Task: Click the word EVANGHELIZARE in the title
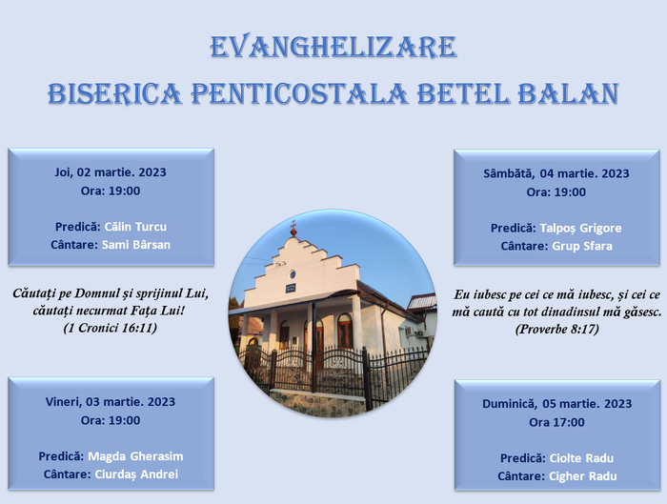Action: [x=333, y=47]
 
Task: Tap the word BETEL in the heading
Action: [x=460, y=93]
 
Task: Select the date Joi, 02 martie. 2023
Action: [x=111, y=172]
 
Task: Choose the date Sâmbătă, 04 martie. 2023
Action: [x=556, y=173]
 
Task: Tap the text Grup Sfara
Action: [x=581, y=247]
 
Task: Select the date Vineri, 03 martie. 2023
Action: [x=111, y=401]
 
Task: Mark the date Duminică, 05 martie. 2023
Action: [x=556, y=403]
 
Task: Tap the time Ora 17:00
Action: [x=556, y=422]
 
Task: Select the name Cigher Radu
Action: [x=582, y=476]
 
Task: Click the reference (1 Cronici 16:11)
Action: [x=111, y=328]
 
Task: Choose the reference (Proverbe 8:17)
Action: [x=556, y=329]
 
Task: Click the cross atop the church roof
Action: [x=293, y=229]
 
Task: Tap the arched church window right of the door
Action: [x=344, y=331]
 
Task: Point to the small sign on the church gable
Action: [x=291, y=287]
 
